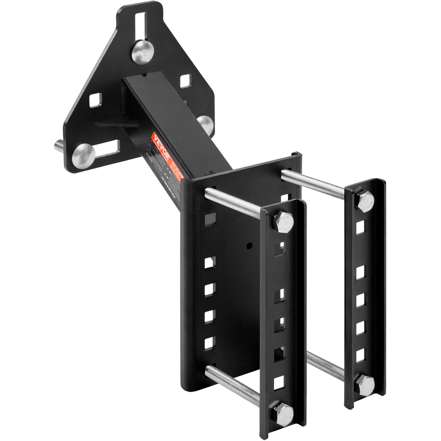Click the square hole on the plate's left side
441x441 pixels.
point(95,100)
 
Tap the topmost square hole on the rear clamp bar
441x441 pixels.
point(361,227)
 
